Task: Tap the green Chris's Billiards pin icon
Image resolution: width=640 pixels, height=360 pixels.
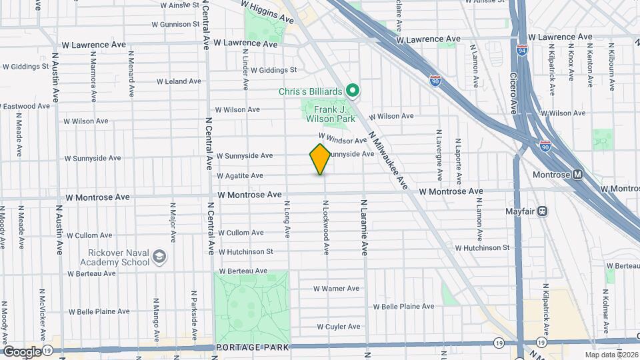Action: coord(354,91)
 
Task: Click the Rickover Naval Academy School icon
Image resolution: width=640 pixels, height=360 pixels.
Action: coord(159,256)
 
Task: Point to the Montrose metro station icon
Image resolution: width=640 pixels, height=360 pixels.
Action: coord(577,175)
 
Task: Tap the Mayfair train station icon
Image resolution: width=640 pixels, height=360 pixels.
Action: coord(543,211)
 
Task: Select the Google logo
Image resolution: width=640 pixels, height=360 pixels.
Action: coord(22,351)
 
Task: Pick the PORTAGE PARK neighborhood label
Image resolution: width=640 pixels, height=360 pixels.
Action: coord(252,347)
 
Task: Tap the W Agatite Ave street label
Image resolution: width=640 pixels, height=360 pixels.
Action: coord(240,176)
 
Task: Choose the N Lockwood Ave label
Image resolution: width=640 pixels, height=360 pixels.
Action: coord(326,227)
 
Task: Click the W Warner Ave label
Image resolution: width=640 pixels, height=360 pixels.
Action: coord(337,289)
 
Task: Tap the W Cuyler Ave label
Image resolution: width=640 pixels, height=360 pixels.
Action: coord(339,327)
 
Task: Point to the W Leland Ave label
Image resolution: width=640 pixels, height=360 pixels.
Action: coord(178,81)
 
